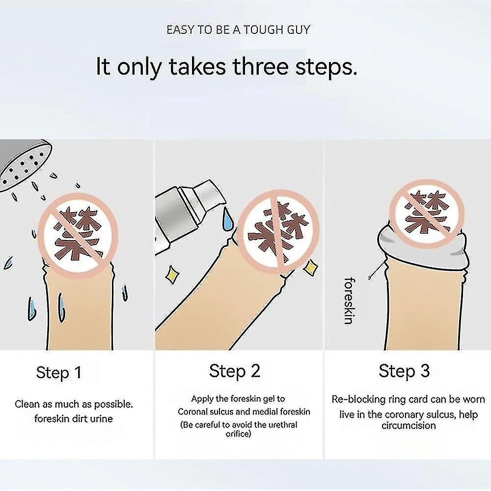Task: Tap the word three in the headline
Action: click(260, 66)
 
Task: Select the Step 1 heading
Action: click(58, 373)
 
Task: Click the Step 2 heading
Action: click(235, 371)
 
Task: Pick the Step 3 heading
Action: click(404, 371)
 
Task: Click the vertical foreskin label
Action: click(349, 300)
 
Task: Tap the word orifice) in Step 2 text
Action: click(238, 434)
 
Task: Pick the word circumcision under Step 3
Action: click(409, 425)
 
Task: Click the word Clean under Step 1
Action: click(27, 404)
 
